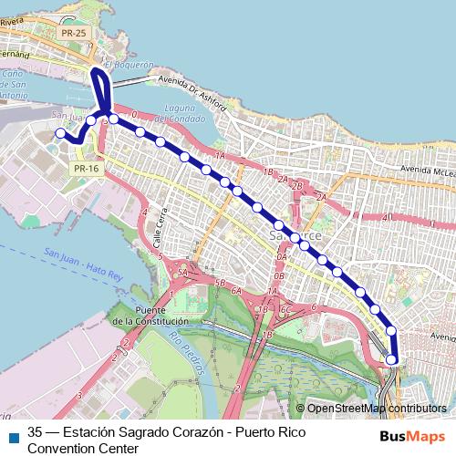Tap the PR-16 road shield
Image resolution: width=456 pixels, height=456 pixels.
click(x=86, y=169)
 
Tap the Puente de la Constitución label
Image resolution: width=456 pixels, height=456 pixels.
click(x=149, y=316)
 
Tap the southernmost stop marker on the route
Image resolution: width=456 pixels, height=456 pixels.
click(x=392, y=359)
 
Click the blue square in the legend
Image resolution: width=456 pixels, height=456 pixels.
click(x=12, y=435)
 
